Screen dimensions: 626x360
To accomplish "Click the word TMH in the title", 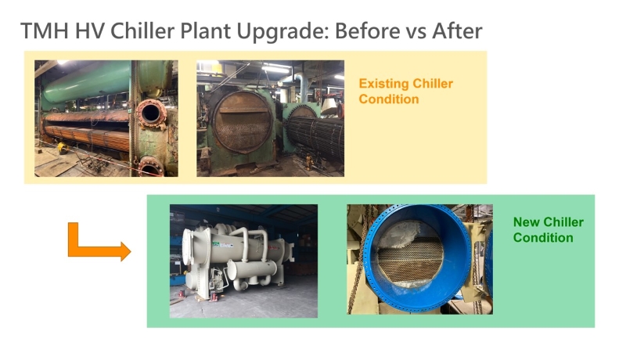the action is tap(45, 31).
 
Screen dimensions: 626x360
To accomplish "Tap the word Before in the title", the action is tap(367, 31).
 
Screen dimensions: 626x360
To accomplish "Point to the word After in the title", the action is tap(457, 31).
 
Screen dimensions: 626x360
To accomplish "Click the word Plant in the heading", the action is tap(206, 31).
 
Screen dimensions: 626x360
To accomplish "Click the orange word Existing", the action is tap(383, 84).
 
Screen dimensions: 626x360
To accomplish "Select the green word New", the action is tap(527, 222).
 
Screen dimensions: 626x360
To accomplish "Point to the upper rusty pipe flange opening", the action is tap(150, 113).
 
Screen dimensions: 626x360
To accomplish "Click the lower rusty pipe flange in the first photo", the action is tap(150, 167).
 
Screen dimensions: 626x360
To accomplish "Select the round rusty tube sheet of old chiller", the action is tap(243, 121).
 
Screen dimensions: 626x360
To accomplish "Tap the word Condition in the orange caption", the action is tap(388, 99).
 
